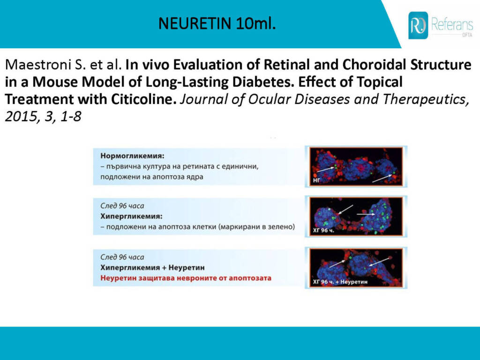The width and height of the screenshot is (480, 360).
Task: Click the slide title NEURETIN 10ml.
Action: (x=217, y=23)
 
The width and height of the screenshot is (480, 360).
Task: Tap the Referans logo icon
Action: (x=418, y=25)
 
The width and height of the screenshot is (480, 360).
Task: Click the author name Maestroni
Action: (x=40, y=65)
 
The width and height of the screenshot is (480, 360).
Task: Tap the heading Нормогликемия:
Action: (x=132, y=156)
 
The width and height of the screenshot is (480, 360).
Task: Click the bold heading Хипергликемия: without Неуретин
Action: (x=131, y=217)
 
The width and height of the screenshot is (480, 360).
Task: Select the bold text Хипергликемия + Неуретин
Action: (x=152, y=268)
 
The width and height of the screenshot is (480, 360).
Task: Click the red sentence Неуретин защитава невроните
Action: (x=186, y=278)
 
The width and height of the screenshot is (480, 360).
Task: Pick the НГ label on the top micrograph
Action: (x=316, y=180)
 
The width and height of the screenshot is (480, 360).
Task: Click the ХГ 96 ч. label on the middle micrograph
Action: (x=323, y=230)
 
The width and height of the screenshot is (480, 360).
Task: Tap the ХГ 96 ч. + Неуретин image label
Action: (x=340, y=282)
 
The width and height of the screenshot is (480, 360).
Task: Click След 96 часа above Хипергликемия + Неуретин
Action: (x=122, y=257)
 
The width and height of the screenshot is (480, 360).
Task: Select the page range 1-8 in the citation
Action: (x=71, y=117)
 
